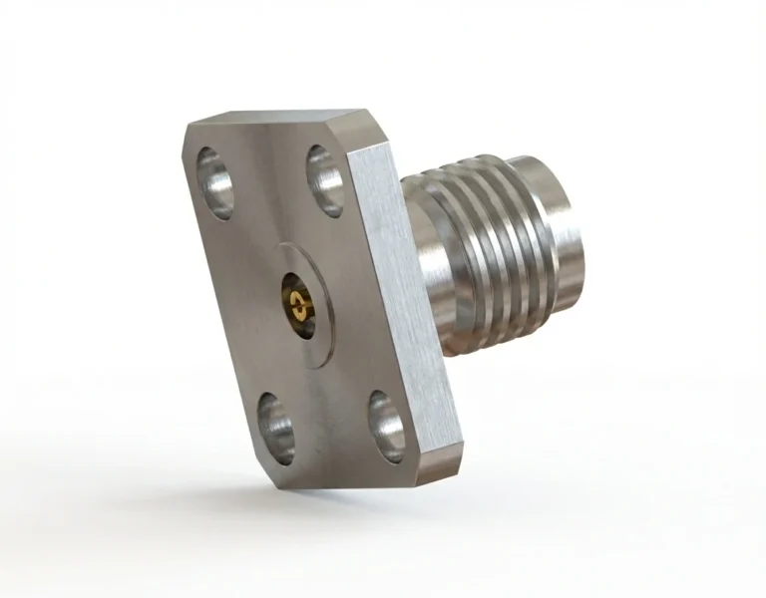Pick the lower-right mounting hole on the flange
click(x=385, y=424)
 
